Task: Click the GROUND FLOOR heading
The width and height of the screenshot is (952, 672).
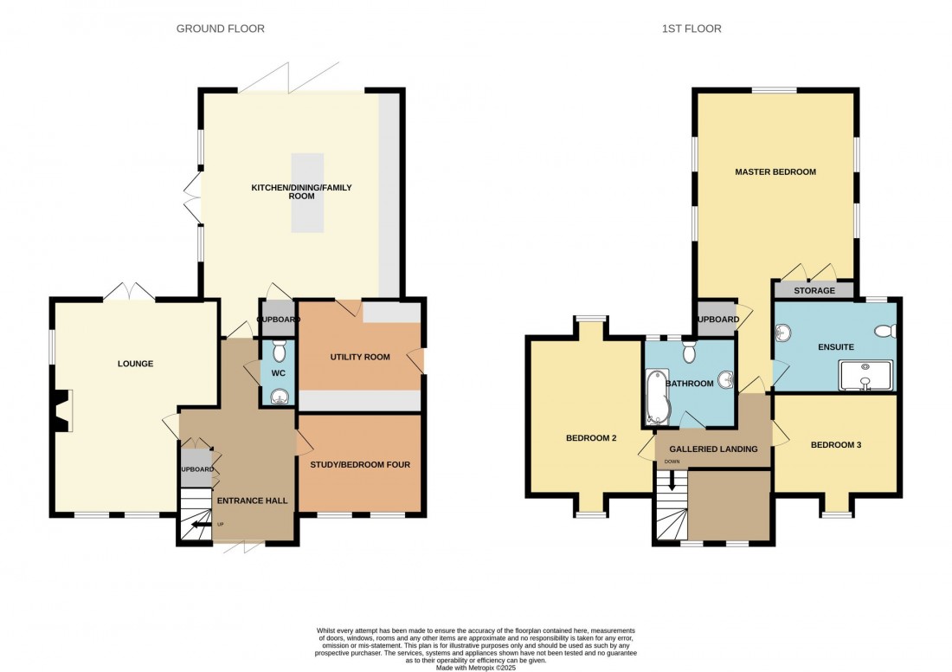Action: coord(220,29)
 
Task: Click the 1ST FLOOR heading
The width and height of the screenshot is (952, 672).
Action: coord(691,29)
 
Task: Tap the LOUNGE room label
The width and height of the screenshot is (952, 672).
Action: coord(135,364)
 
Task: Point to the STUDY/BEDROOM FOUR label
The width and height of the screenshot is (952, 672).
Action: coord(360,465)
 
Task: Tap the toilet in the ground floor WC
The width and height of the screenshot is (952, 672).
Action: coord(279,350)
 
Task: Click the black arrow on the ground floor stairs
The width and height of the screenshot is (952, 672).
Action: coord(201,524)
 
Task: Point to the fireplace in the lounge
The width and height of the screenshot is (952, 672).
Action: coord(61,410)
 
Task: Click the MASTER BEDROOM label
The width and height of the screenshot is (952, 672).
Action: coord(775,172)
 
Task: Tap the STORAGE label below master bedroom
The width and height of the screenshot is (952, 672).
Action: coord(814,291)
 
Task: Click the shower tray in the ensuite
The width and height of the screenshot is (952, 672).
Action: coord(865,376)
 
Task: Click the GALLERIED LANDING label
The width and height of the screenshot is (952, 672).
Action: coord(713,449)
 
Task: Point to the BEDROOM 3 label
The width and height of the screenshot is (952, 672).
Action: coord(835,445)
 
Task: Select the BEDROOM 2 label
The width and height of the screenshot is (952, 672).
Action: coord(591,438)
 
